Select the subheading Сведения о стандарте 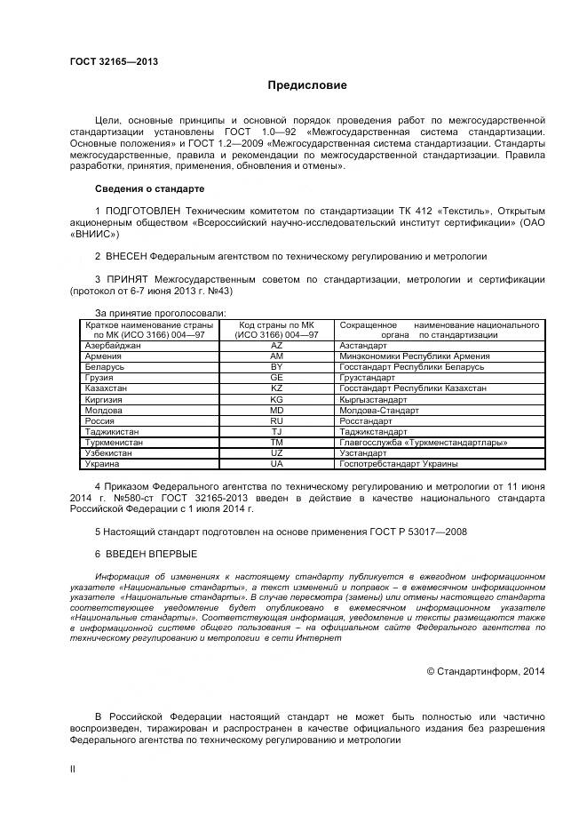click(x=149, y=189)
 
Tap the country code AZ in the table click(x=275, y=345)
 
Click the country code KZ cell click(x=275, y=388)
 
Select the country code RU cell click(x=275, y=420)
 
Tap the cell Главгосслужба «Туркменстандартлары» click(x=423, y=442)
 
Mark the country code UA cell click(x=275, y=463)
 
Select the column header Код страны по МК click(x=276, y=325)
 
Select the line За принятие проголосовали click(x=160, y=312)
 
